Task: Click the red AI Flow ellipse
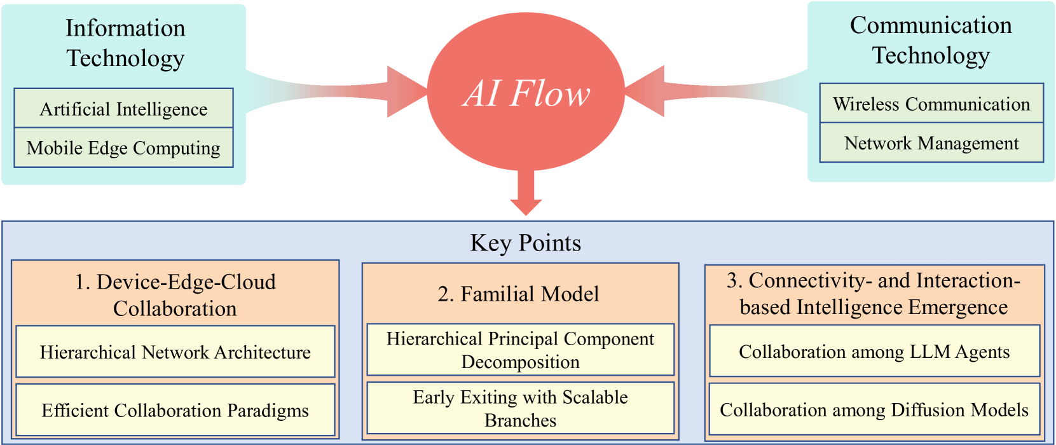click(x=526, y=92)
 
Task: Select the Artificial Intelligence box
click(x=124, y=109)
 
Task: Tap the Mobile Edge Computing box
click(x=124, y=148)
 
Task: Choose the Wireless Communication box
click(x=931, y=104)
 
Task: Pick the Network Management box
click(x=931, y=143)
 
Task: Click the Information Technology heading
click(x=125, y=43)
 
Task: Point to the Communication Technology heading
click(x=931, y=40)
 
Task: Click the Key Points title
click(x=526, y=243)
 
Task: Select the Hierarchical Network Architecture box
click(x=175, y=352)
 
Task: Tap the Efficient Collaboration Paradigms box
click(x=175, y=410)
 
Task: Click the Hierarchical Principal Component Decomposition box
click(x=520, y=350)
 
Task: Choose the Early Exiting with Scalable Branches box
click(x=520, y=408)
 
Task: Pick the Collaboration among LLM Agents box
click(x=874, y=352)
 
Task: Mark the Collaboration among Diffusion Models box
click(x=874, y=409)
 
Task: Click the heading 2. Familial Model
click(x=518, y=294)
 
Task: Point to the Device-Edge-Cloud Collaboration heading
click(x=175, y=295)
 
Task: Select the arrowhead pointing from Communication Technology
click(x=646, y=91)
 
